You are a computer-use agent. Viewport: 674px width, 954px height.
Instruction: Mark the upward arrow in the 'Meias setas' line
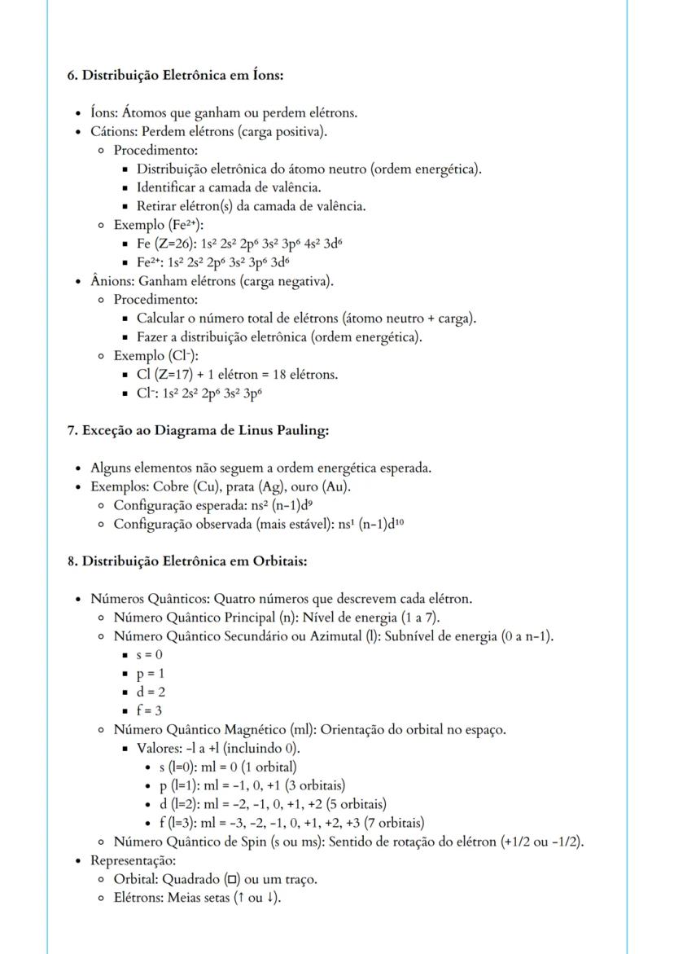pos(236,899)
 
